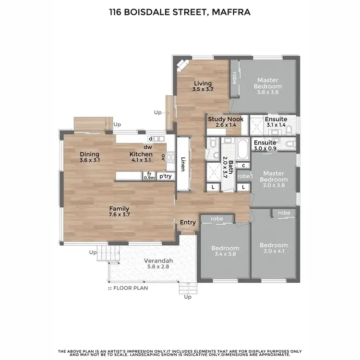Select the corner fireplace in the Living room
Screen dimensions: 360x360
181,65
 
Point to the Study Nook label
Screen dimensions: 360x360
225,119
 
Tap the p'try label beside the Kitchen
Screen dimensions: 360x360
166,176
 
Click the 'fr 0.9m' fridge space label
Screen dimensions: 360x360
149,176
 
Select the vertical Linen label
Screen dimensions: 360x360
183,164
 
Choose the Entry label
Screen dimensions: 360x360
188,222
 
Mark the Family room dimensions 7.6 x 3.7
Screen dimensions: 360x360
119,215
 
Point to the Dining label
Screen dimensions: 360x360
90,154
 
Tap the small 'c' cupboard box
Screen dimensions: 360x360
243,165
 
